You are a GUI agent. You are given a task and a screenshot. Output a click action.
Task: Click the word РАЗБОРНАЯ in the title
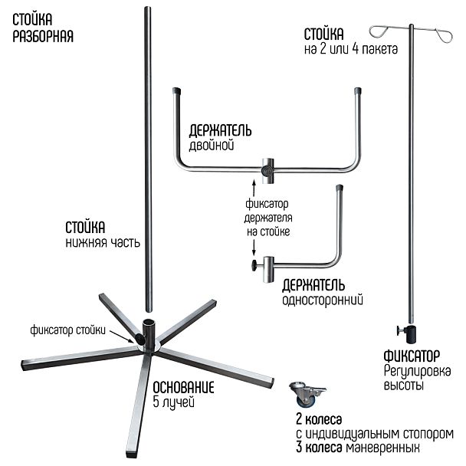pyautogui.click(x=43, y=36)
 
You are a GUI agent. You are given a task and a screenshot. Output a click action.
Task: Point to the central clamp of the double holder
pyautogui.click(x=267, y=168)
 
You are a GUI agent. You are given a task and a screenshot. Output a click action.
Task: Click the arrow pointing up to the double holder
pyautogui.click(x=252, y=185)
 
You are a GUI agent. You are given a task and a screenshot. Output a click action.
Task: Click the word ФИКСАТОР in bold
pyautogui.click(x=412, y=356)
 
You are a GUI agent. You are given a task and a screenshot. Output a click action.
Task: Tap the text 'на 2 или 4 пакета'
pyautogui.click(x=350, y=50)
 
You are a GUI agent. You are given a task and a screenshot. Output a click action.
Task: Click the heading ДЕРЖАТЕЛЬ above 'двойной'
pyautogui.click(x=220, y=130)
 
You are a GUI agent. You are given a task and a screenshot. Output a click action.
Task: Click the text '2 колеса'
pyautogui.click(x=318, y=420)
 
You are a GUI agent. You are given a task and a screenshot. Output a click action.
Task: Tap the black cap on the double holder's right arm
pyautogui.click(x=359, y=91)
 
